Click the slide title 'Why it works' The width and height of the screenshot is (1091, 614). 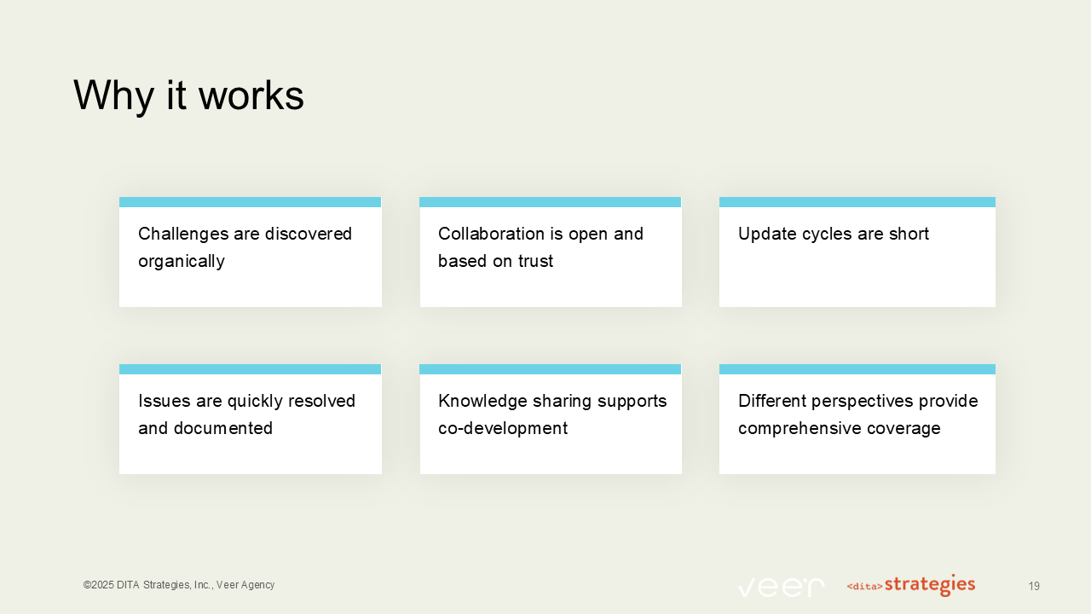pyautogui.click(x=188, y=96)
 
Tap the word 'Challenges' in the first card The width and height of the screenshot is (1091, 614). pyautogui.click(x=181, y=234)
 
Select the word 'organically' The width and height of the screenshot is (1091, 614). pyautogui.click(x=182, y=261)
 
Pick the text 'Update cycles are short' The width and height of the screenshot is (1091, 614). pyautogui.click(x=834, y=234)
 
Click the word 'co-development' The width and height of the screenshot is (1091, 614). pyautogui.click(x=503, y=428)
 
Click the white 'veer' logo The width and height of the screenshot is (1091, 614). pyautogui.click(x=781, y=587)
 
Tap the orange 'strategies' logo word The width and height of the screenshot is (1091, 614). pyautogui.click(x=930, y=585)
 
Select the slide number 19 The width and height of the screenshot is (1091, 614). pyautogui.click(x=1034, y=587)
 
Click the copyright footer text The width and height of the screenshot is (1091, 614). pyautogui.click(x=179, y=585)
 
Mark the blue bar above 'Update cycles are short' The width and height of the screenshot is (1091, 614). pyautogui.click(x=857, y=202)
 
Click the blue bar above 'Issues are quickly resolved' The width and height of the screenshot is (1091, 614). pyautogui.click(x=251, y=369)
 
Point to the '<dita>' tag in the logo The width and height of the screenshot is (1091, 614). pyautogui.click(x=864, y=587)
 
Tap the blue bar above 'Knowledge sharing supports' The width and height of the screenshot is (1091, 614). pyautogui.click(x=551, y=369)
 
